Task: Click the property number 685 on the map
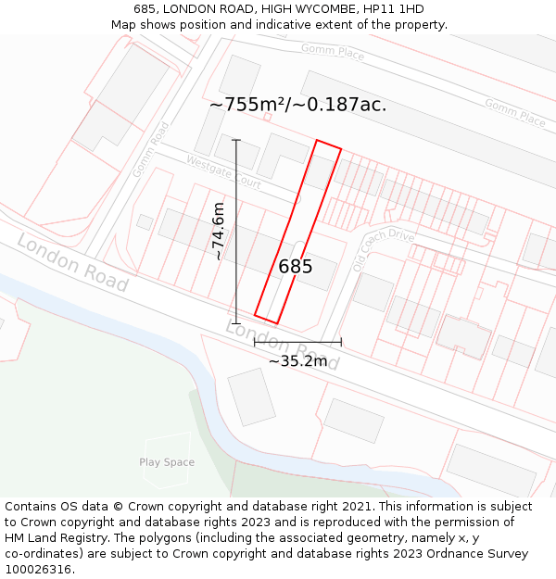[x=296, y=267]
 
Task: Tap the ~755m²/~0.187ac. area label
[x=297, y=105]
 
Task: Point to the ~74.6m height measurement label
[x=219, y=231]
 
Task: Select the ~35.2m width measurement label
[x=297, y=360]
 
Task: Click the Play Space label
[x=167, y=462]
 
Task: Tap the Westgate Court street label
[x=223, y=171]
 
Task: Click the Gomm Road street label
[x=150, y=149]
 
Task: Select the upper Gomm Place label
[x=333, y=53]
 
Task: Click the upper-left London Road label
[x=72, y=262]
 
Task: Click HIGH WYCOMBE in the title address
[x=308, y=9]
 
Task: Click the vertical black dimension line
[x=236, y=232]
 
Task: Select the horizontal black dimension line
[x=297, y=342]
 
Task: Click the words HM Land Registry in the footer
[x=57, y=538]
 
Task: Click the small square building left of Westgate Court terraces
[x=145, y=222]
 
